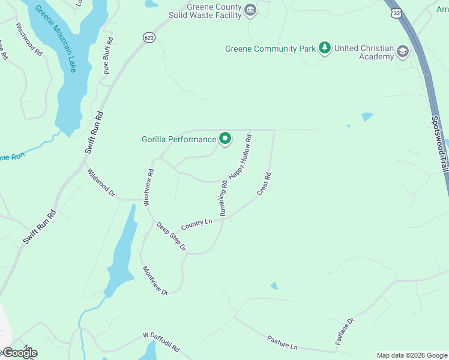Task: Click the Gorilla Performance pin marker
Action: [x=225, y=139]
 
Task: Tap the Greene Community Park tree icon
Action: [x=325, y=48]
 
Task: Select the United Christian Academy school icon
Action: [x=402, y=52]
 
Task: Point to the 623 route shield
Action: [x=149, y=37]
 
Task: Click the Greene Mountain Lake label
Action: [x=56, y=39]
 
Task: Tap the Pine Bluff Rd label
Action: [x=108, y=55]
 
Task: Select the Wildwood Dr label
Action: [x=101, y=182]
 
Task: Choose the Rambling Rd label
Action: [x=224, y=198]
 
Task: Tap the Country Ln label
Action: [x=197, y=223]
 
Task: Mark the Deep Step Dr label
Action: [x=172, y=236]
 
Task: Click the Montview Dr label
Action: [x=155, y=280]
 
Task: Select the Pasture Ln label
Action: [x=282, y=343]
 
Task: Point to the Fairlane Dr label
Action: [x=345, y=331]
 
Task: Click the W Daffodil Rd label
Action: [x=161, y=342]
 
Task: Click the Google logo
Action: [x=19, y=353]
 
